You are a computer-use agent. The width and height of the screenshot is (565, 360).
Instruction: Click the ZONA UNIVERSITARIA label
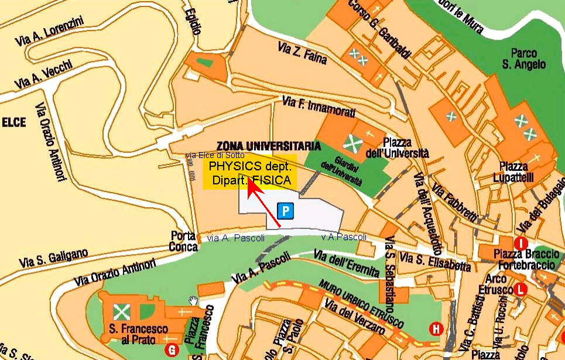[x=268, y=146]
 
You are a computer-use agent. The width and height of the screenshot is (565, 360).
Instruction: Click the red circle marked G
[x=172, y=350]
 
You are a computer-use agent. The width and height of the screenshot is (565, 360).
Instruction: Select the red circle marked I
[x=521, y=243]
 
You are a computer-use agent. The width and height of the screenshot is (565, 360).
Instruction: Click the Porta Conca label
[x=183, y=241]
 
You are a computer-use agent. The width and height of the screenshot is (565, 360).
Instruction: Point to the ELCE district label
[x=14, y=122]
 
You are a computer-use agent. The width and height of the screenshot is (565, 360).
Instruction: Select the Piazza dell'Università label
[x=405, y=148]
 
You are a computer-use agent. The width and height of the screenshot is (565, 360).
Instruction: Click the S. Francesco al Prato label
[x=138, y=334]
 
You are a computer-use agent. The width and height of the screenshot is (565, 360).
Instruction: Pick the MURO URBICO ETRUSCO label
[x=361, y=304]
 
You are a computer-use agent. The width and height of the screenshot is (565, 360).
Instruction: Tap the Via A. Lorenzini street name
[x=50, y=32]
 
